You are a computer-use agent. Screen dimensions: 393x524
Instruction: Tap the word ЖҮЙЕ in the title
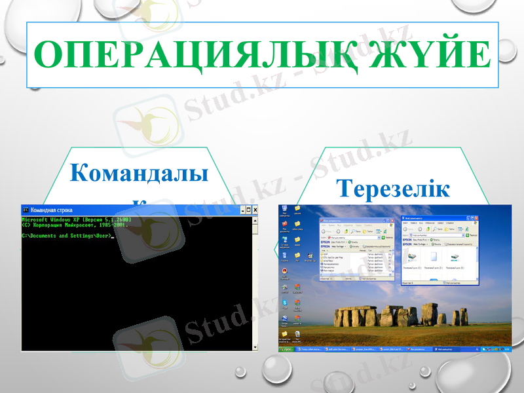point(426,55)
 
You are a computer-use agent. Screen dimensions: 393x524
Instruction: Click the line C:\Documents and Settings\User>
point(67,235)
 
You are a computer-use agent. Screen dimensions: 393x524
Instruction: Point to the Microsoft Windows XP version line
point(77,219)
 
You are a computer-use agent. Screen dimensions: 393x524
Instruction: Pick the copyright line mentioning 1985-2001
point(75,225)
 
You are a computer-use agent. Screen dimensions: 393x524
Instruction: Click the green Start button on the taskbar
point(287,350)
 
